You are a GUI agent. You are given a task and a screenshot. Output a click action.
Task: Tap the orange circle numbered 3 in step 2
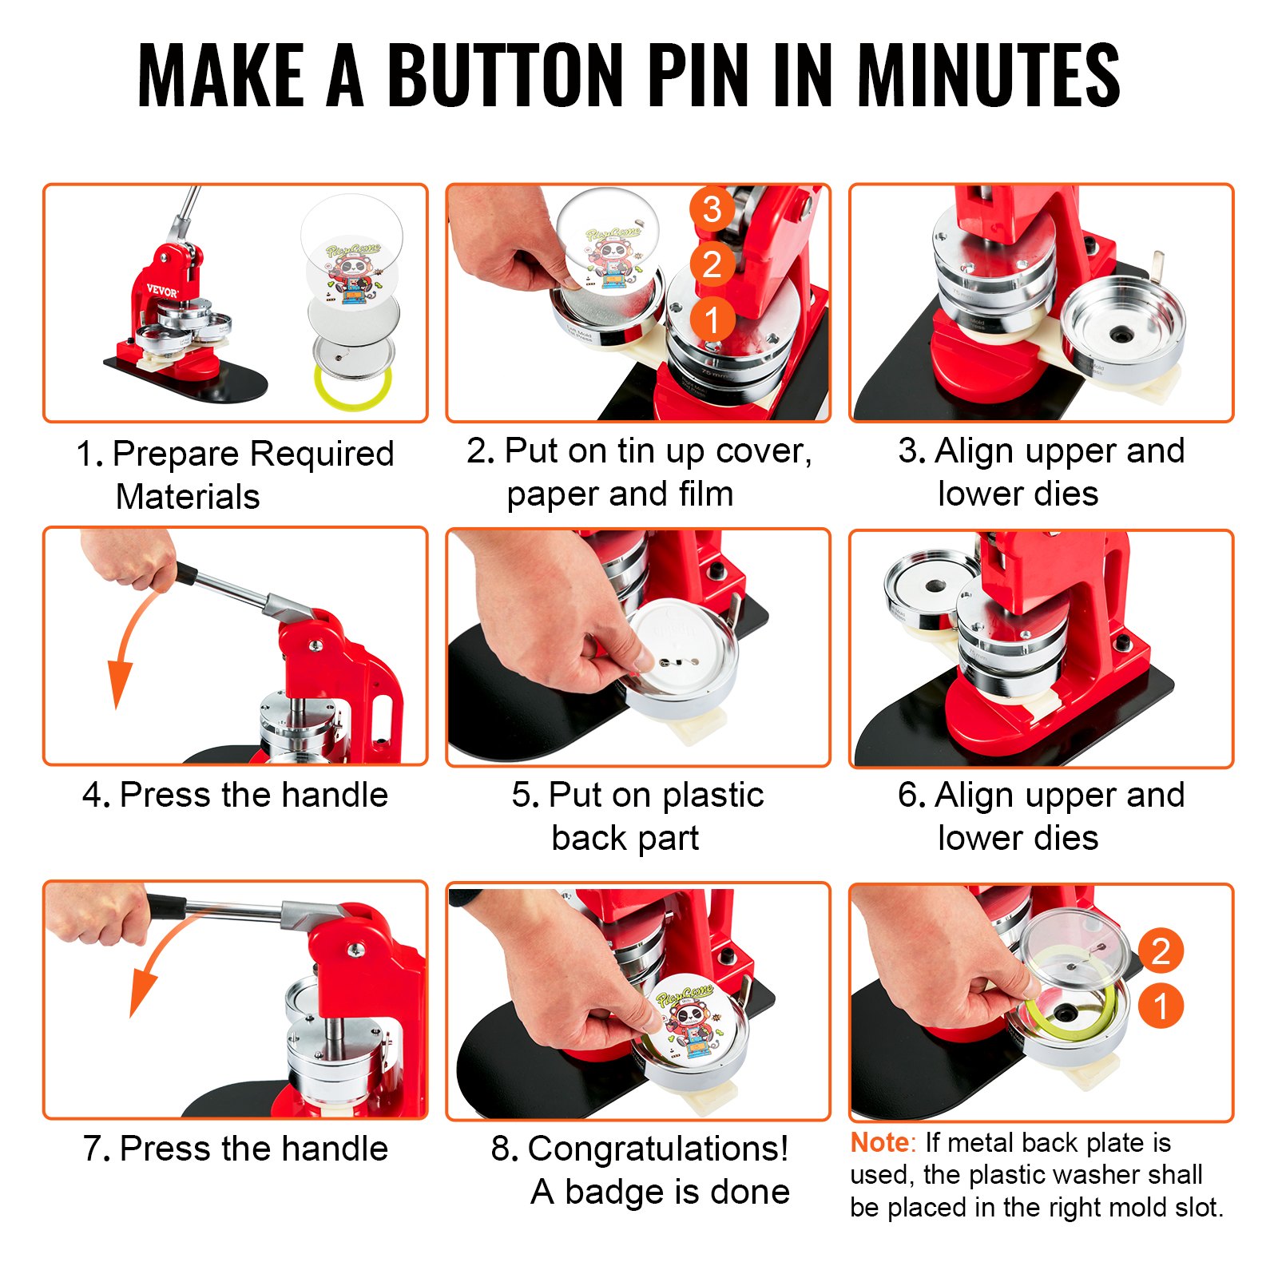coord(712,210)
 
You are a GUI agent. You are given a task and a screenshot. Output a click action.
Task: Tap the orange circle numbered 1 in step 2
coord(712,319)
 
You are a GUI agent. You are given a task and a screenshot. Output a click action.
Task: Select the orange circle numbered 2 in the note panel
coord(1161,951)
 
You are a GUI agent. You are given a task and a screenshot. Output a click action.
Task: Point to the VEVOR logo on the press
coord(162,291)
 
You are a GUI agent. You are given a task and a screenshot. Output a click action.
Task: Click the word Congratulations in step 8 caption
coord(657,1149)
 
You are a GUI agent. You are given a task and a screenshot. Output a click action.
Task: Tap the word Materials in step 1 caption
coord(188,497)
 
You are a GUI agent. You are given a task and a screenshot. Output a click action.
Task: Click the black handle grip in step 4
coord(186,573)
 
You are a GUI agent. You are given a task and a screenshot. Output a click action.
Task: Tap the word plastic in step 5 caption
coord(712,795)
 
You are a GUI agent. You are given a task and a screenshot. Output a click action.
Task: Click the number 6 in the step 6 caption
coord(909,795)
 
